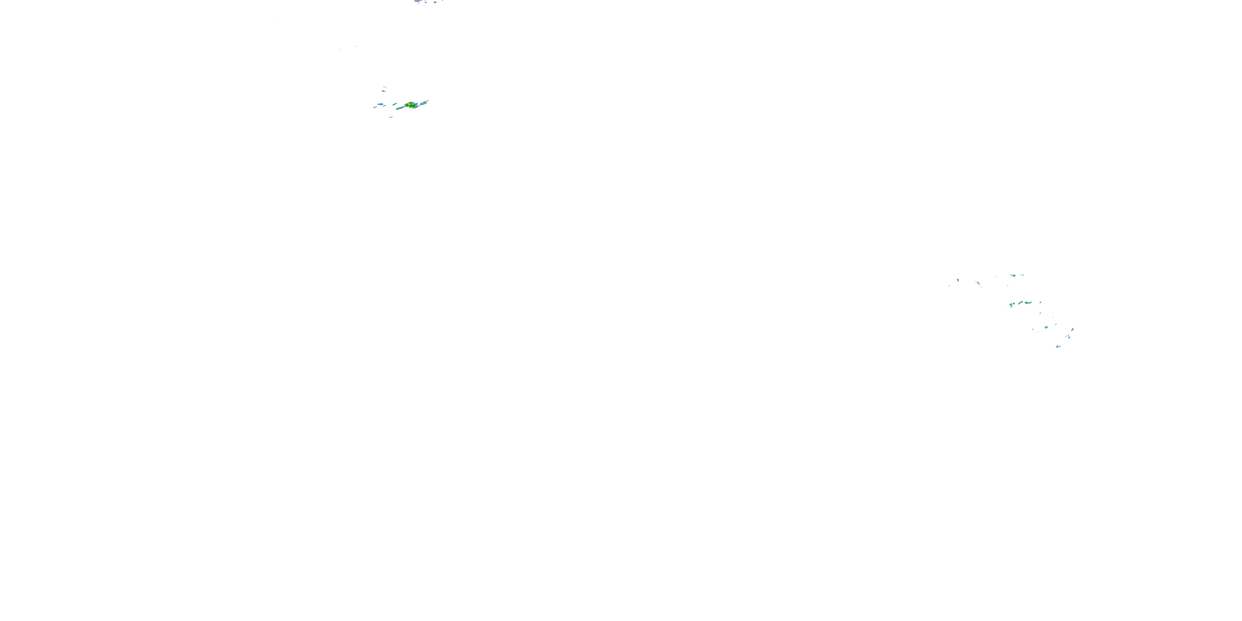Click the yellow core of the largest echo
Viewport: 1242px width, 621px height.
(409, 105)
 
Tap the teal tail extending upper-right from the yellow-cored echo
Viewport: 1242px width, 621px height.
(424, 103)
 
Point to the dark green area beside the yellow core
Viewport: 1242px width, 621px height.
(413, 106)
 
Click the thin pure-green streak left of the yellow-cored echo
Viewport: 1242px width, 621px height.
(395, 104)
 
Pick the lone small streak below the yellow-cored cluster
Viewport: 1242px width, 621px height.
(391, 117)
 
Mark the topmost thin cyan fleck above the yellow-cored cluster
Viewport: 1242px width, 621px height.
(384, 87)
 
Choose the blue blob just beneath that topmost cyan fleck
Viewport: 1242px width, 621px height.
(383, 91)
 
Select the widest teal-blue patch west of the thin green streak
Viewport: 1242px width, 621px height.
(380, 104)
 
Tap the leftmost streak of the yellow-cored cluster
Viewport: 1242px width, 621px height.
(375, 108)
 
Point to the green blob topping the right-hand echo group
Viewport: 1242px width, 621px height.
(1014, 276)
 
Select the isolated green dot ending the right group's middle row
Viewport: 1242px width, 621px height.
(1040, 302)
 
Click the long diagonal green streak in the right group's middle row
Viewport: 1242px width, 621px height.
(1020, 303)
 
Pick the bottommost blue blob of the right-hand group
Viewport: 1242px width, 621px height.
(1058, 346)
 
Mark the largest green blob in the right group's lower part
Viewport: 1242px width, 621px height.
(1047, 327)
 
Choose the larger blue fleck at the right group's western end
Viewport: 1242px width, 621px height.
(958, 280)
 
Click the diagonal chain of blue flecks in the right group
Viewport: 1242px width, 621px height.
(979, 284)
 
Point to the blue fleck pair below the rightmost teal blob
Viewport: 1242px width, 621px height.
(1069, 337)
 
